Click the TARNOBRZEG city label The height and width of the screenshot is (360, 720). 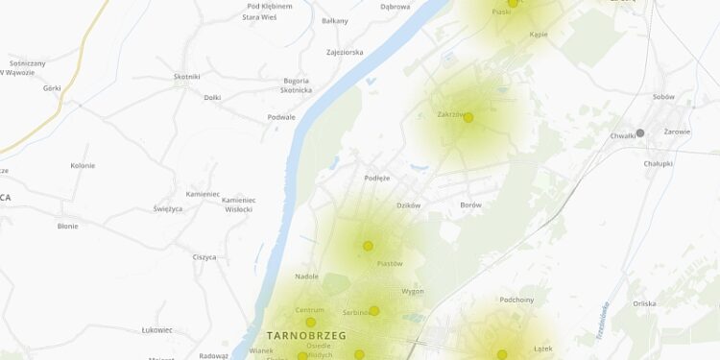coord(304,335)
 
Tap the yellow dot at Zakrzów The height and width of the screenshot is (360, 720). coord(468,118)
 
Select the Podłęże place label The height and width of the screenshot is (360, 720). coord(377,178)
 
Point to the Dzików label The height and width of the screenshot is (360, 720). coord(408,204)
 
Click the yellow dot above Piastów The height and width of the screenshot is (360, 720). coord(368,246)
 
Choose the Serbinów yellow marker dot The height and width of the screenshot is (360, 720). coord(374,310)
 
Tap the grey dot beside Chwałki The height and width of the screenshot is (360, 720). coord(640,133)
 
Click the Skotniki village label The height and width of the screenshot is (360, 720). coord(187,77)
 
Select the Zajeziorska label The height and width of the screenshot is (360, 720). coord(345,53)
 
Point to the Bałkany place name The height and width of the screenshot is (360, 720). coord(335,21)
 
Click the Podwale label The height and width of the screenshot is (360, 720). coord(281,117)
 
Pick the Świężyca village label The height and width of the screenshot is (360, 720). coord(168,208)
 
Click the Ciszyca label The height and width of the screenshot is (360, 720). coord(204,257)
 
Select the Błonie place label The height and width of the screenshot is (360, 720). coord(67,227)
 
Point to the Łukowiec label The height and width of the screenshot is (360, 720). coord(156,330)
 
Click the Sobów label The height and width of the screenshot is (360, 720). coord(663,97)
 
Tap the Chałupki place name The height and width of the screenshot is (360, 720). coord(659,163)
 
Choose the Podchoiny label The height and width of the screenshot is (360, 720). coord(516,300)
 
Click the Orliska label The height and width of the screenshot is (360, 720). coord(644,303)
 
